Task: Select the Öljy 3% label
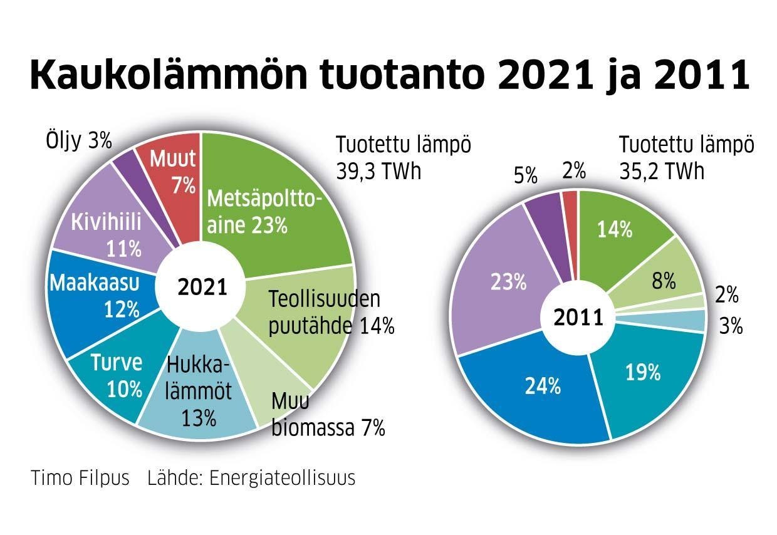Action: [78, 141]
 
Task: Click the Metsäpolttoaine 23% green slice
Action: [276, 207]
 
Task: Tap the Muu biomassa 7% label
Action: [328, 415]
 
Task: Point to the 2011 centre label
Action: [578, 318]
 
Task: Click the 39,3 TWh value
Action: [378, 171]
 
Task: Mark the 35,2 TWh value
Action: [662, 171]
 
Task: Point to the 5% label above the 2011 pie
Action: [524, 176]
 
